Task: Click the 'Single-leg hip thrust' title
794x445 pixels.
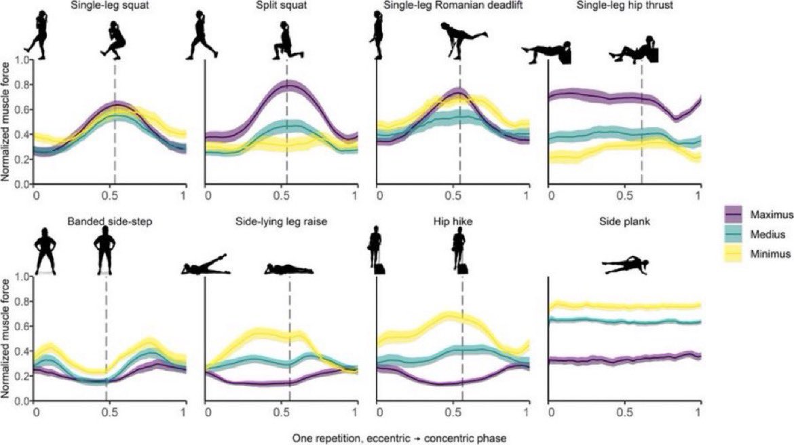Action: click(624, 7)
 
